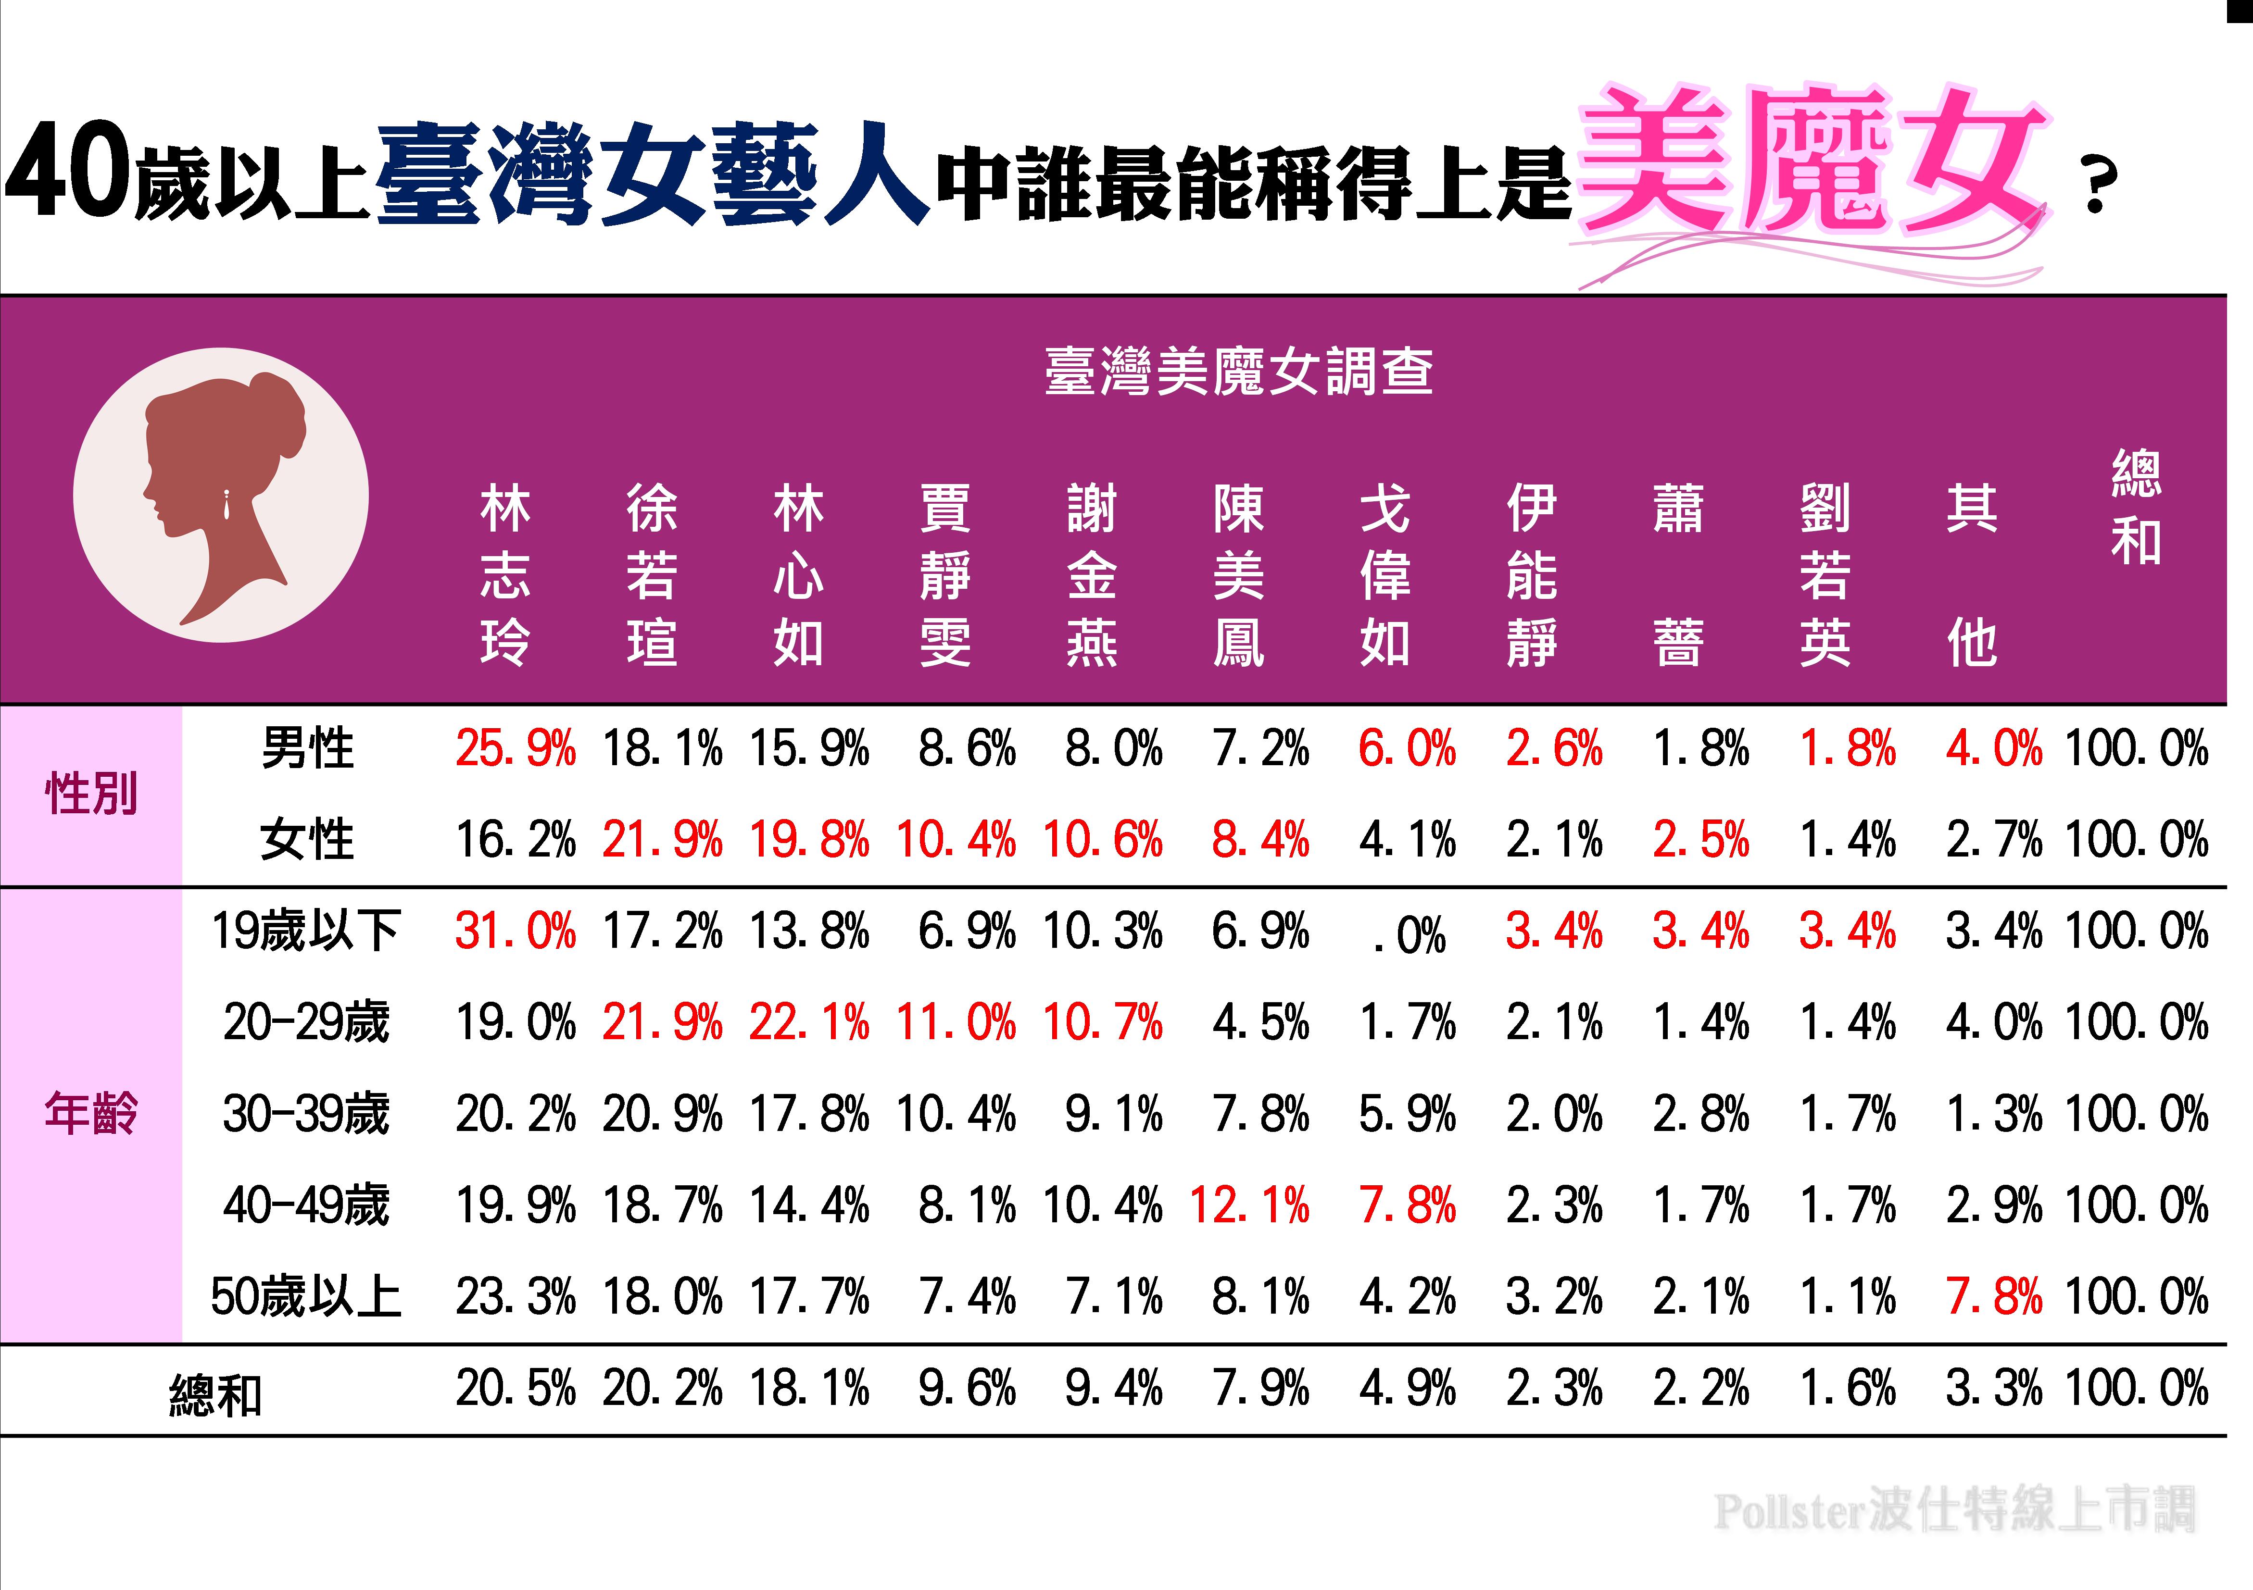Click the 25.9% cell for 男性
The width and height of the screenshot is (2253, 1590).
(x=515, y=748)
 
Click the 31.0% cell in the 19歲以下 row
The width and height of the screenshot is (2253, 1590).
(x=515, y=931)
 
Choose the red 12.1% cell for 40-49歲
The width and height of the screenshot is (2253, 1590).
(x=1249, y=1205)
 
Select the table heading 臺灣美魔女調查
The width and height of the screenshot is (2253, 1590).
(x=1238, y=373)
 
